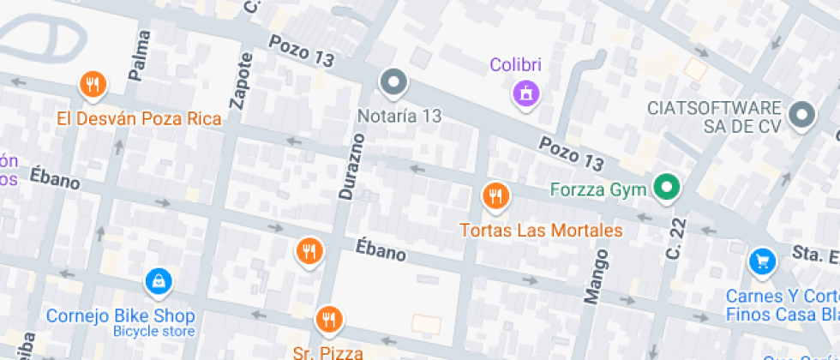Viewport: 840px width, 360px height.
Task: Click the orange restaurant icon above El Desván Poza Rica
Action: click(93, 85)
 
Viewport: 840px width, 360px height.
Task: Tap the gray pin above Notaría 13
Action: click(394, 83)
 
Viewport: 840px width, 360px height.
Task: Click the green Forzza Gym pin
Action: click(666, 187)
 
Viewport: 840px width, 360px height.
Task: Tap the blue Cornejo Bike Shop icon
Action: click(158, 279)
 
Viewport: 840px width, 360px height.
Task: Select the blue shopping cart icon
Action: click(761, 261)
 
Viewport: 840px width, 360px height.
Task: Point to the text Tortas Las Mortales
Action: click(540, 231)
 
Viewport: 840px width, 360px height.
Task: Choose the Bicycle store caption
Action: click(154, 331)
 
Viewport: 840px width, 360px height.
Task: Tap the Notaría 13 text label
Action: click(399, 116)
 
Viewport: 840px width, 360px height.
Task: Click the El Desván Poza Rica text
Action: click(140, 118)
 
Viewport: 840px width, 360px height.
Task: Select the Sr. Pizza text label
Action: click(327, 352)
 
